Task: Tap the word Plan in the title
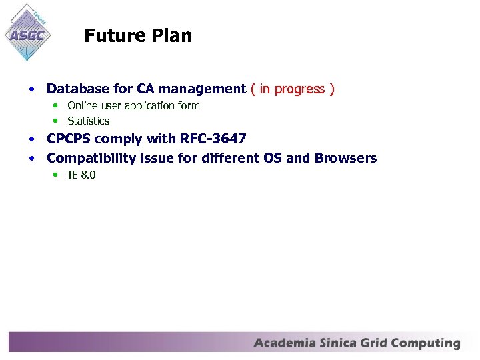click(x=172, y=36)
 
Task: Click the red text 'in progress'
click(x=292, y=89)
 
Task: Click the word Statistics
click(x=89, y=121)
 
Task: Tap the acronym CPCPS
click(x=69, y=139)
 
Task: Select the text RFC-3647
click(x=213, y=139)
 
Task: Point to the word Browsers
click(x=345, y=158)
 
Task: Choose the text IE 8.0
click(x=82, y=175)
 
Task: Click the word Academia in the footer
click(x=285, y=343)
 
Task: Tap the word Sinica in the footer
click(x=339, y=343)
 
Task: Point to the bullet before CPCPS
click(x=32, y=139)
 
